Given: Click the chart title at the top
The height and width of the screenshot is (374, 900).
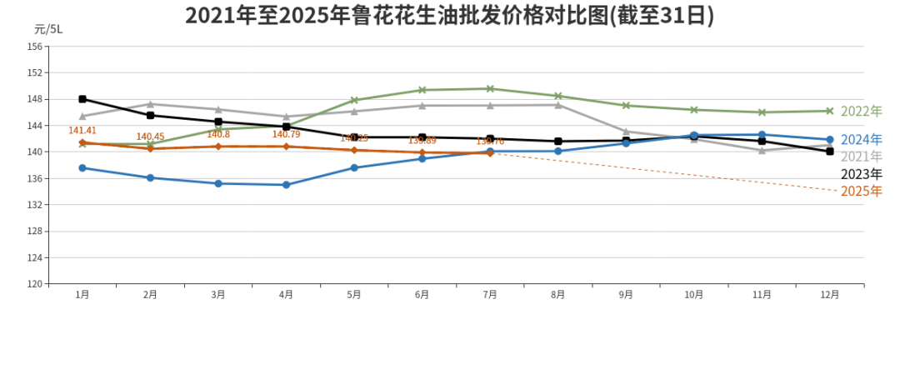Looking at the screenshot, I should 449,15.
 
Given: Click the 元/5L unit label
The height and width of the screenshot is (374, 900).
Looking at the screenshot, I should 48,28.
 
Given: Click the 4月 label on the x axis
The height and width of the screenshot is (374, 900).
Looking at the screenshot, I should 286,295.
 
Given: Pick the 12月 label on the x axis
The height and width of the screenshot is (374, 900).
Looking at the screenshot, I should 830,295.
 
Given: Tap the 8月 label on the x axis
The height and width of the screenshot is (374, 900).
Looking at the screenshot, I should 557,295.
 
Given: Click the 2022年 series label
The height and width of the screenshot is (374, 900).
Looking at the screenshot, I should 861,112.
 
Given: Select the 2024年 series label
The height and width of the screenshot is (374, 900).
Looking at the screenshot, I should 861,140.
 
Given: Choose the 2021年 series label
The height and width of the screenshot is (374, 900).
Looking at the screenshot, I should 861,157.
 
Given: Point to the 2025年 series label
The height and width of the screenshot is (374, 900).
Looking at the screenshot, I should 861,192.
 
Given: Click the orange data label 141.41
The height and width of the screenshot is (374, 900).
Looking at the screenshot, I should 82,131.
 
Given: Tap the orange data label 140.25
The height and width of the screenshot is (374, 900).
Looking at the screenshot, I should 354,138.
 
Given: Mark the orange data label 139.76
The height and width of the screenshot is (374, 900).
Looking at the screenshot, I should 490,142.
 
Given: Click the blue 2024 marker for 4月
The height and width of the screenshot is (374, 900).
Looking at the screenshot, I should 286,185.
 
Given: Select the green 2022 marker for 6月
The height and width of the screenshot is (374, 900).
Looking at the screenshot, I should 422,90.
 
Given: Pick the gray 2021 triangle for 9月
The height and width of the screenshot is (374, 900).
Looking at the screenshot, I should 626,131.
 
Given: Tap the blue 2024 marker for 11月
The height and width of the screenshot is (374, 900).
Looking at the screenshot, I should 762,134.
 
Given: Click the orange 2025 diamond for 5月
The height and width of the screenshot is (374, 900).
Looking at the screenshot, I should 354,150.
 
